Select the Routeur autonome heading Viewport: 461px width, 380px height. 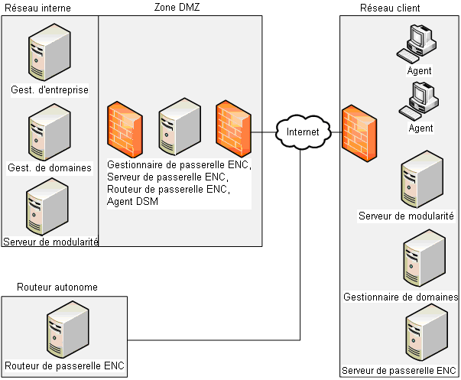57,287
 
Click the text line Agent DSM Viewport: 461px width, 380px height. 133,201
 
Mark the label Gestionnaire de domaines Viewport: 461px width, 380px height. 401,297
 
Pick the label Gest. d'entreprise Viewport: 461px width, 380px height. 50,90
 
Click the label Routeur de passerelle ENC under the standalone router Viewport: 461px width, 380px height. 65,365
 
